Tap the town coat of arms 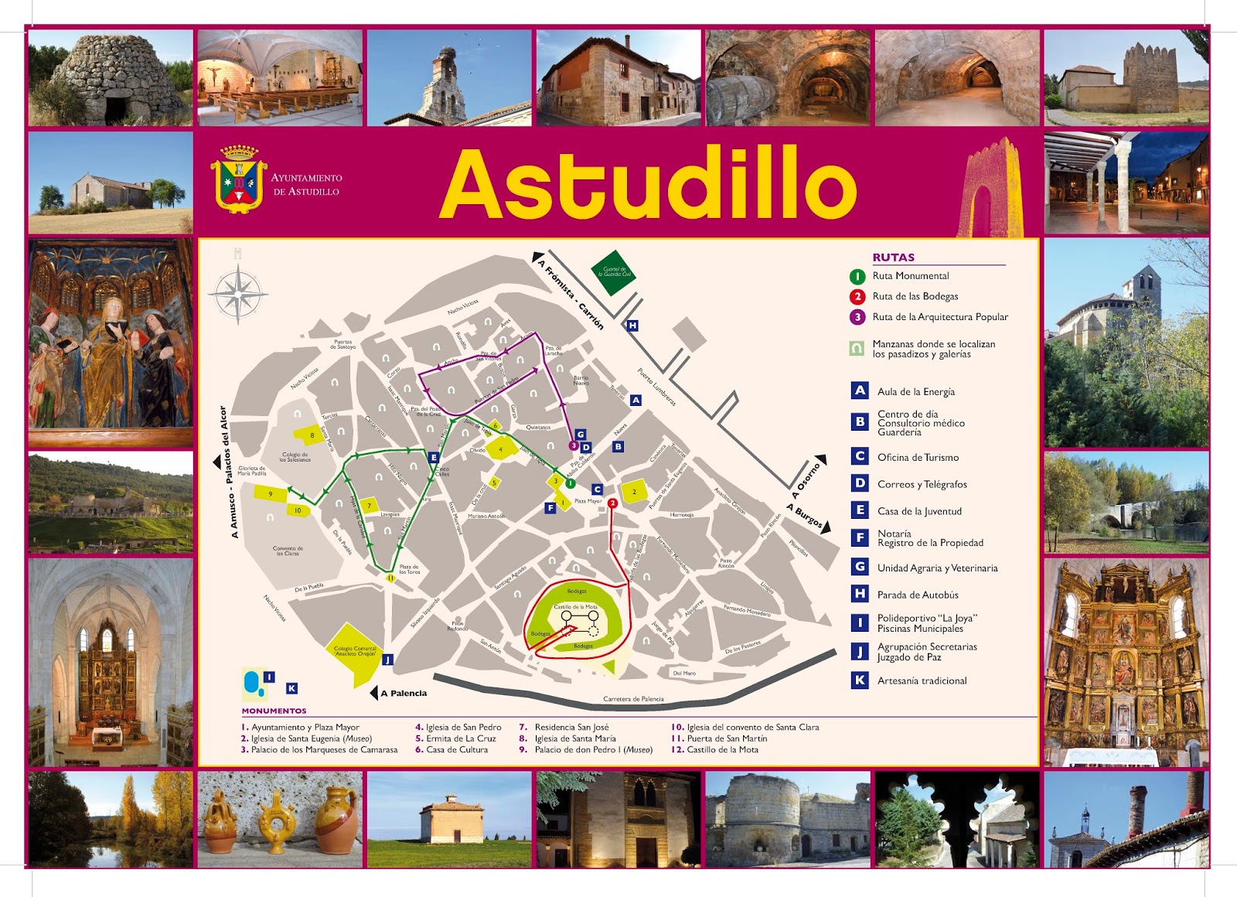coord(238,179)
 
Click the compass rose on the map coord(239,294)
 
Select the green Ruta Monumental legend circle coord(857,276)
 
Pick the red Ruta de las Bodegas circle coord(857,297)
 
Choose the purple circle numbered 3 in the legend coord(857,317)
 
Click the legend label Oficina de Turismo coord(918,458)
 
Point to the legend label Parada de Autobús coord(918,595)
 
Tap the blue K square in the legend coord(860,680)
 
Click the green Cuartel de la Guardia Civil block coord(614,272)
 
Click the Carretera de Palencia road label coord(633,699)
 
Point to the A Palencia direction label coord(404,694)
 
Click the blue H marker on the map coord(632,326)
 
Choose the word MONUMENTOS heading coord(274,711)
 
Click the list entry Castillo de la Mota coord(721,749)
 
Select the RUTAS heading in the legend coord(893,258)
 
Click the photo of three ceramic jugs coord(280,820)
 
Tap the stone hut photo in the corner coord(111,77)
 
